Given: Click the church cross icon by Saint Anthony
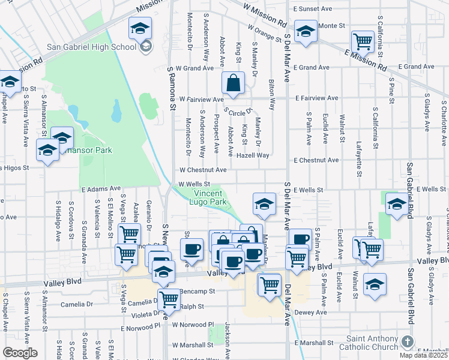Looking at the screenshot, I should click(x=407, y=343).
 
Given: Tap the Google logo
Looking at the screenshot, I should click(x=19, y=353).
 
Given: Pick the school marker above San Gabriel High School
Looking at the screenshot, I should click(x=139, y=28).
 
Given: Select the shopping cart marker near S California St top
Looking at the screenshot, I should click(x=363, y=41).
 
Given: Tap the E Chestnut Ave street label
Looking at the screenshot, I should click(x=316, y=160).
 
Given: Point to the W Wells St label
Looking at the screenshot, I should click(x=194, y=184).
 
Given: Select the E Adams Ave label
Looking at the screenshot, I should click(x=96, y=189).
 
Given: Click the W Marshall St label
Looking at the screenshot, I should click(x=193, y=345).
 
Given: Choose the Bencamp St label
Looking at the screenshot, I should click(x=199, y=289).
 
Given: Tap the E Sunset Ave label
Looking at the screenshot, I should click(x=313, y=9).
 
